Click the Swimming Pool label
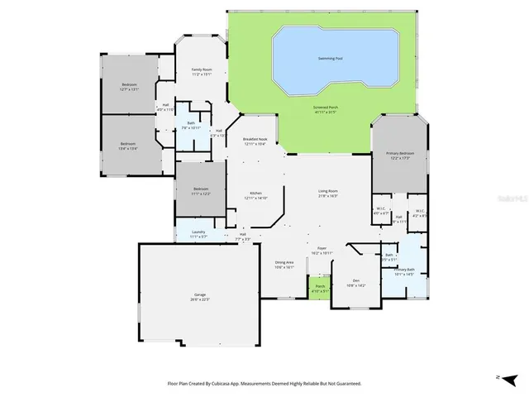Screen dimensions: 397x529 coord(338,58)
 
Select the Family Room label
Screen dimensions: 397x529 coord(203,71)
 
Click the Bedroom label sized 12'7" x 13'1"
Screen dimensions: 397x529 coord(130,87)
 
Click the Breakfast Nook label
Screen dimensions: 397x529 coord(255,141)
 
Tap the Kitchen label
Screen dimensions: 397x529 coord(255,196)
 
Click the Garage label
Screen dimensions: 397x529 coord(200,297)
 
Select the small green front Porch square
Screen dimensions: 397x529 coord(320,289)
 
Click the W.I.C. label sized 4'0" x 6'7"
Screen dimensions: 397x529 coord(380,210)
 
